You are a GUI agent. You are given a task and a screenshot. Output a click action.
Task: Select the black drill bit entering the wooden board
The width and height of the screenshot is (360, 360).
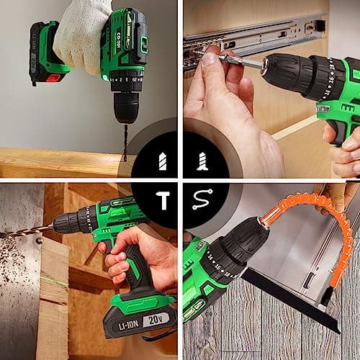(x=125, y=141)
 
